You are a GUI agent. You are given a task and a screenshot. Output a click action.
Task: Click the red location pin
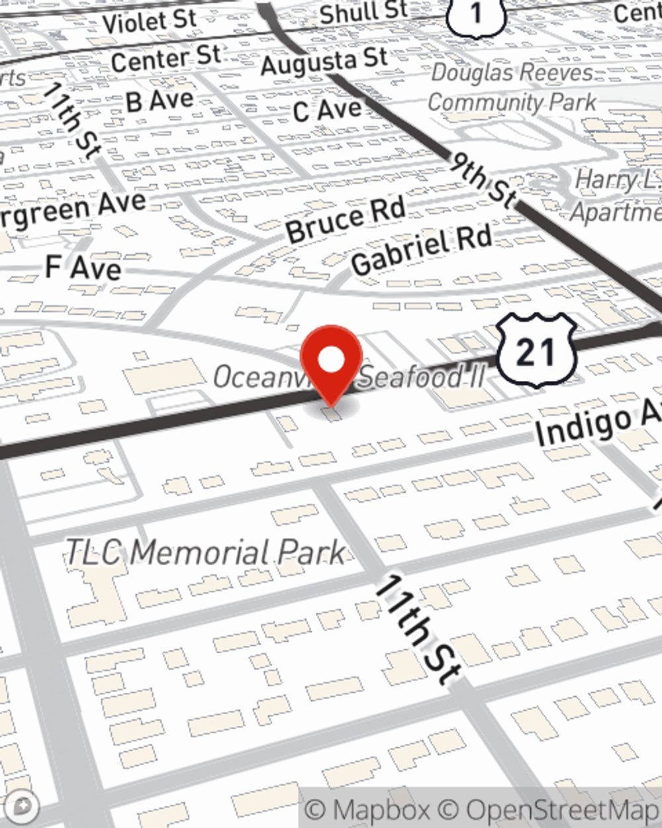331,361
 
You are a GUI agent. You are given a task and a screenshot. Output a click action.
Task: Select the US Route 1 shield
475,13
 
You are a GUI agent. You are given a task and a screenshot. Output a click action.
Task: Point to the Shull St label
363,11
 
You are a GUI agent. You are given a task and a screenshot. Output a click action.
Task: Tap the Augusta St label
324,62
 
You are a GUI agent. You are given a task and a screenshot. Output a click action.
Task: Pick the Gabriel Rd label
422,249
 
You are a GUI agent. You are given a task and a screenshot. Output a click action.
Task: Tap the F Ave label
83,268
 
